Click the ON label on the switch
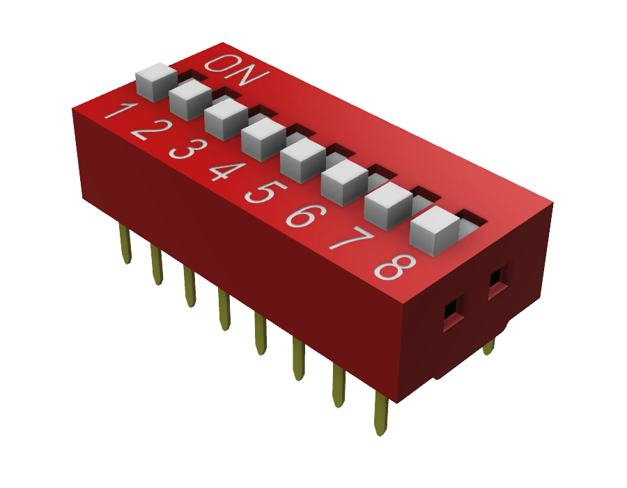click(237, 70)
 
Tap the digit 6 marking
click(306, 216)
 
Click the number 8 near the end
click(395, 267)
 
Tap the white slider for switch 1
click(156, 82)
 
